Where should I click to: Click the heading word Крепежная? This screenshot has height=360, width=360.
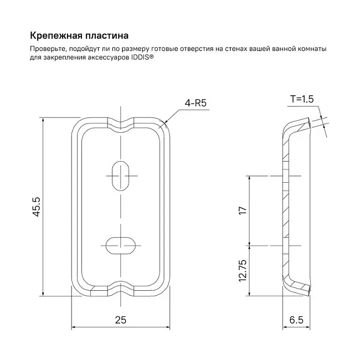(56, 36)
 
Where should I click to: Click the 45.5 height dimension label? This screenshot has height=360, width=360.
(36, 207)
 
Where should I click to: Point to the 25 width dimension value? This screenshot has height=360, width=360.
(121, 320)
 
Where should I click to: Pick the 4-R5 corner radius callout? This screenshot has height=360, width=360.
(196, 103)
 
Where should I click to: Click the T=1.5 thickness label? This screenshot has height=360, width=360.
(302, 99)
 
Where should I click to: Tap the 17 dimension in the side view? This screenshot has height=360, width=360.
(243, 210)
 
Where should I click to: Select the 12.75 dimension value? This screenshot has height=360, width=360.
(243, 271)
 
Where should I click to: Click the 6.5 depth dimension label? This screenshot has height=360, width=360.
(296, 320)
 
